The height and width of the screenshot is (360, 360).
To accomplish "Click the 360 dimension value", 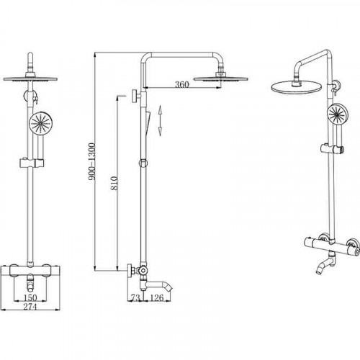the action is [181, 84].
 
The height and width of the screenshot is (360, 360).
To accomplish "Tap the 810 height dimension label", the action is [114, 184].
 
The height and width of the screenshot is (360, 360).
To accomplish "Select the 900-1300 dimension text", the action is [91, 161].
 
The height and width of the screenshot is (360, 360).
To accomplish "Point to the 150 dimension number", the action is [30, 298].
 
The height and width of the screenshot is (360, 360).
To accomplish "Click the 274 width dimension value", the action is [30, 307].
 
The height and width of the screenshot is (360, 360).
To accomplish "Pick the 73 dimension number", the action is [135, 298].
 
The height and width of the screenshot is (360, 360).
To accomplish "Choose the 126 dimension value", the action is [157, 298].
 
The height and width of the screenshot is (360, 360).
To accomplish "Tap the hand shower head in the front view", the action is [40, 124].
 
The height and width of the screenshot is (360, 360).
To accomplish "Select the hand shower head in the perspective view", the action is [338, 115].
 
